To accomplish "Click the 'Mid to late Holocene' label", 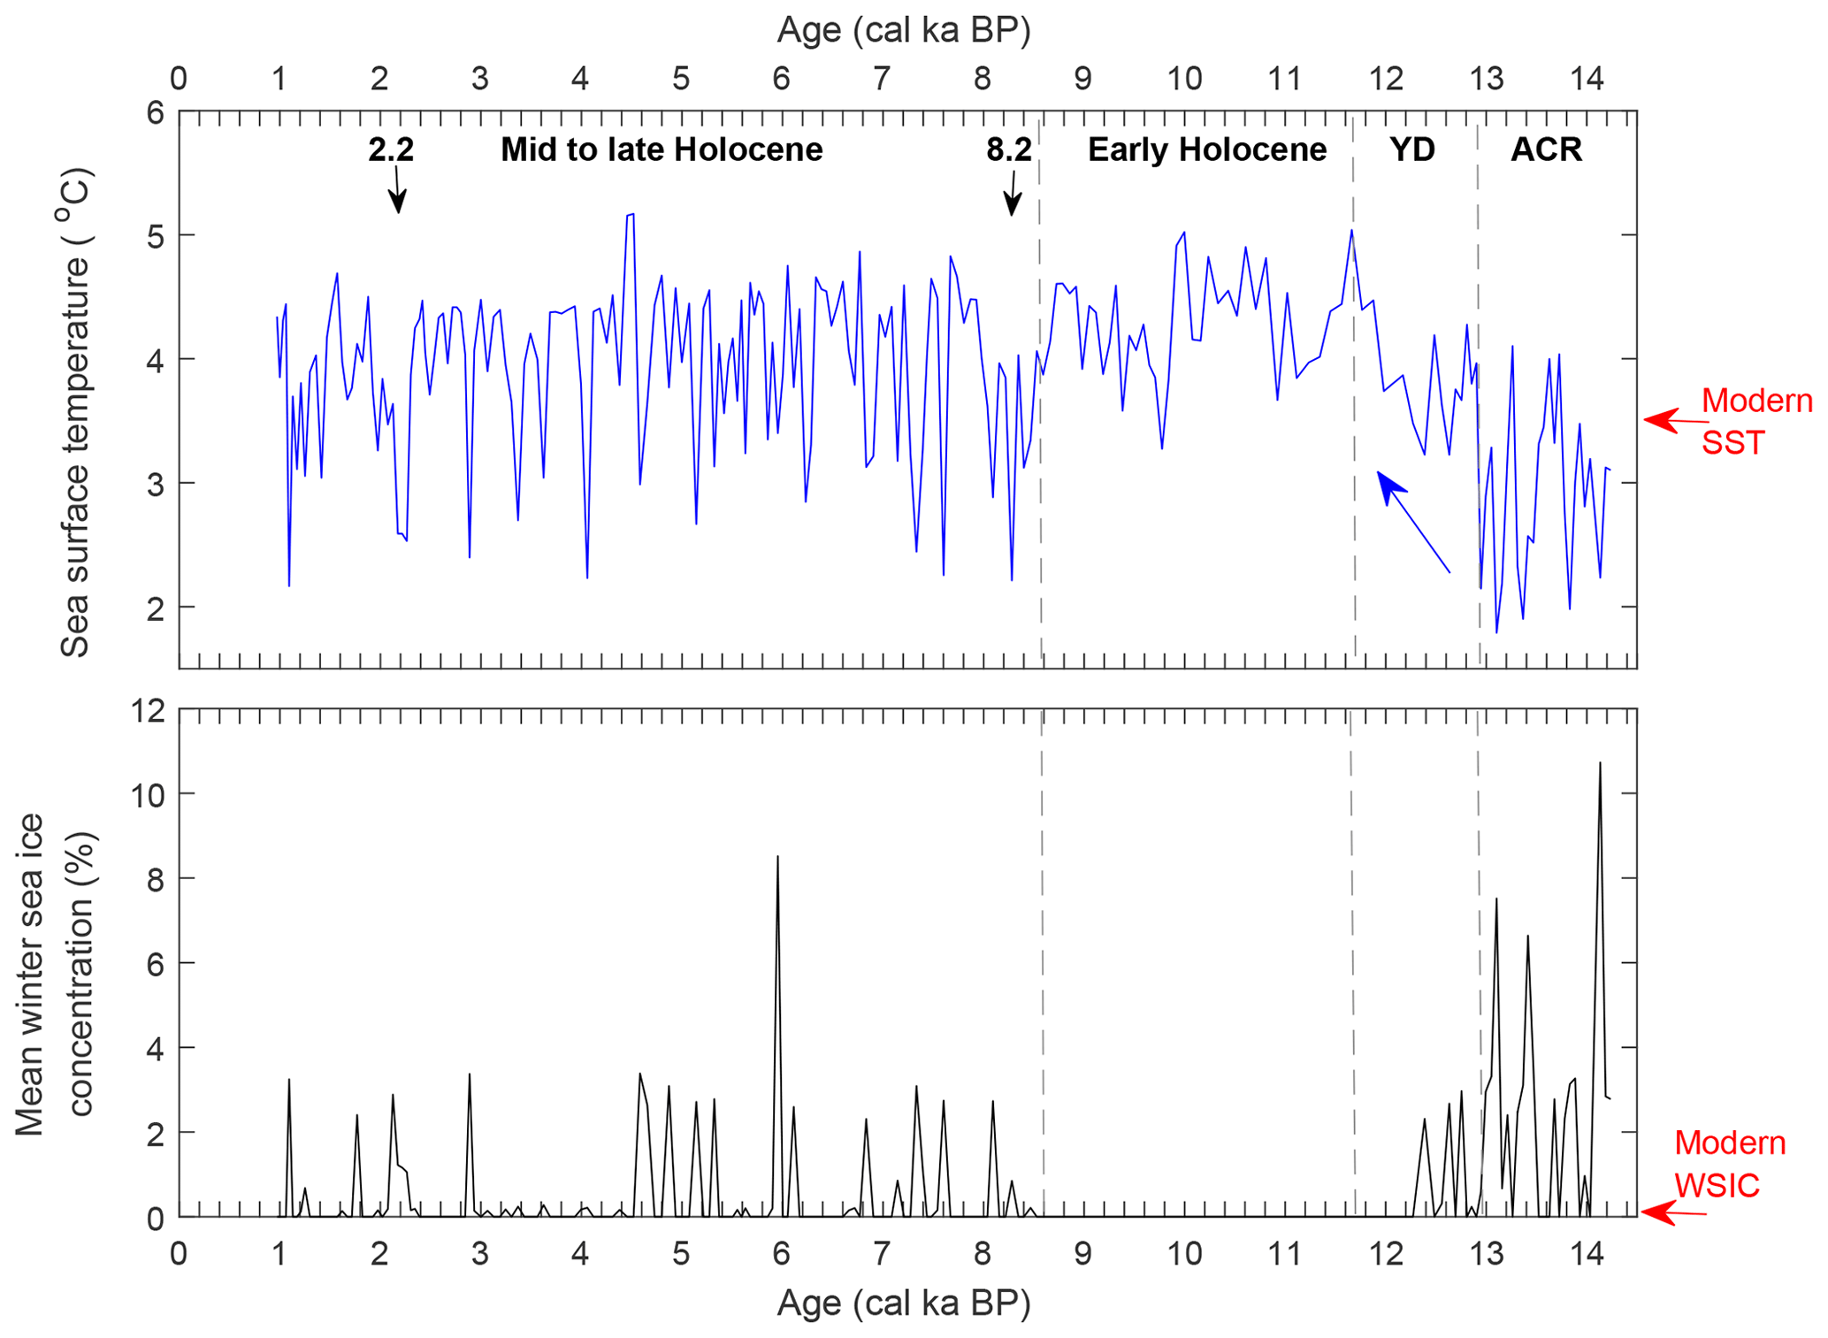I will (662, 149).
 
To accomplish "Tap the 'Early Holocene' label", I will (1206, 149).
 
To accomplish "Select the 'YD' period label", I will (1411, 149).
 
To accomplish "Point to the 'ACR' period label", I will (1546, 149).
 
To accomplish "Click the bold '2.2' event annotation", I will (391, 149).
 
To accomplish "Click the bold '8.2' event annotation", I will (1009, 149).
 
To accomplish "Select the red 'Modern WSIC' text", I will (1729, 1164).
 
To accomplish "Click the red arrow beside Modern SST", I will (1667, 421).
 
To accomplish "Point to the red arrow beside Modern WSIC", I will (1667, 1212).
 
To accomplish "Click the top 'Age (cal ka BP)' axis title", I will (904, 30).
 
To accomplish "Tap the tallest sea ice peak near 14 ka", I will (1600, 763).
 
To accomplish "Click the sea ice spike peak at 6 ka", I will (777, 857).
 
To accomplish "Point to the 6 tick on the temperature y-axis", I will (155, 112).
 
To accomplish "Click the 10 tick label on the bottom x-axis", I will (1183, 1253).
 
